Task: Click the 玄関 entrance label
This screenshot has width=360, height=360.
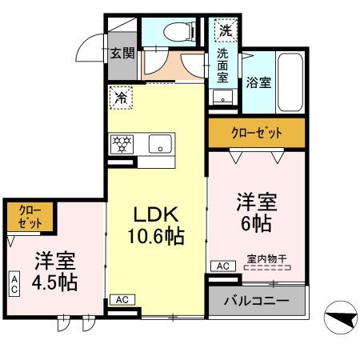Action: tap(122, 54)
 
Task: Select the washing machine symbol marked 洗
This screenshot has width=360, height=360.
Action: tap(226, 31)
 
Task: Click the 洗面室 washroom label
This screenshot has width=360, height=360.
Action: tap(223, 66)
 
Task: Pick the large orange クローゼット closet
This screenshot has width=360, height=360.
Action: tap(258, 133)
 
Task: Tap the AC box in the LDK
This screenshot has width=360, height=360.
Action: tap(122, 299)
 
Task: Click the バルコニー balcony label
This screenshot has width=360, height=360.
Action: tap(257, 303)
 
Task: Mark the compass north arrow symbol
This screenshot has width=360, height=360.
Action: tap(340, 319)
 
